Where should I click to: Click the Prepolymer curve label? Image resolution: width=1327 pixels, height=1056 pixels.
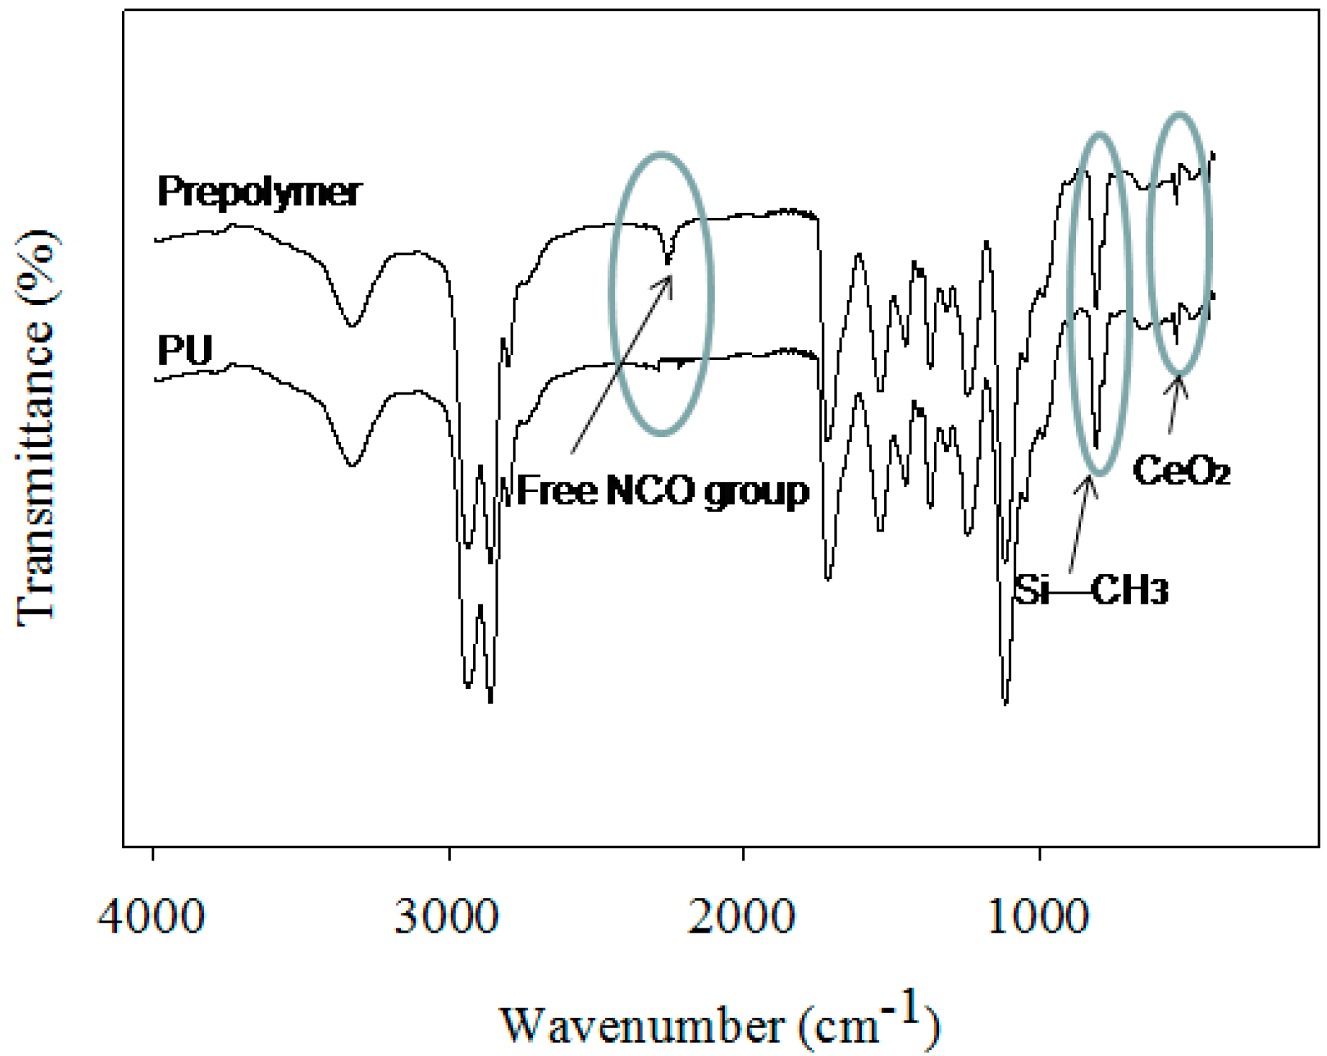(x=259, y=192)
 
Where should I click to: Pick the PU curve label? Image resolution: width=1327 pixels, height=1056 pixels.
(x=185, y=351)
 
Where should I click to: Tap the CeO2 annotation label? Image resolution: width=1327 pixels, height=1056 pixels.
(x=1181, y=471)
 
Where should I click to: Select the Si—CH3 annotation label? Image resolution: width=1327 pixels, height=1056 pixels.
(x=1091, y=590)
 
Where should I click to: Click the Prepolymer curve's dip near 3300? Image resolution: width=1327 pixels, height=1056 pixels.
(x=351, y=325)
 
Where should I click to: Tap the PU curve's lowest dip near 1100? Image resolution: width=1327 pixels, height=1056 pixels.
(x=1005, y=701)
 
